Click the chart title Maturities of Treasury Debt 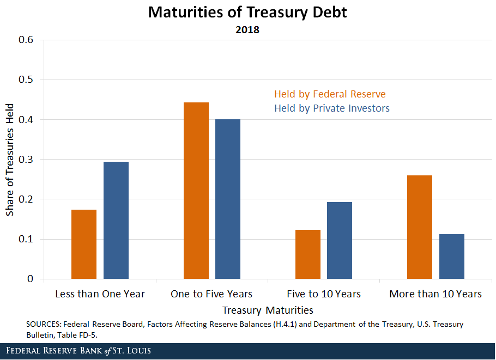point(247,13)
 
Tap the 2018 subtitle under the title point(247,30)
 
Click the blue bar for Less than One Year point(116,220)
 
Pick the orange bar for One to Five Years point(196,191)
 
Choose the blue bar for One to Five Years point(228,199)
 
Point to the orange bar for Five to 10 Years point(308,254)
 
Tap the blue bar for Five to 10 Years point(340,240)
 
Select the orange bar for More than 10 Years point(420,227)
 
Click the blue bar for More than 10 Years point(452,257)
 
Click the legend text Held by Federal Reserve point(330,94)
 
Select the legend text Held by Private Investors point(332,108)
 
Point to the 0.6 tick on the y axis point(26,40)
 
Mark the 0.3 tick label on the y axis point(26,160)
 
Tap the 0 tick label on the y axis point(31,279)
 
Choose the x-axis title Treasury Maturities point(268,310)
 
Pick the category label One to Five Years point(211,294)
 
